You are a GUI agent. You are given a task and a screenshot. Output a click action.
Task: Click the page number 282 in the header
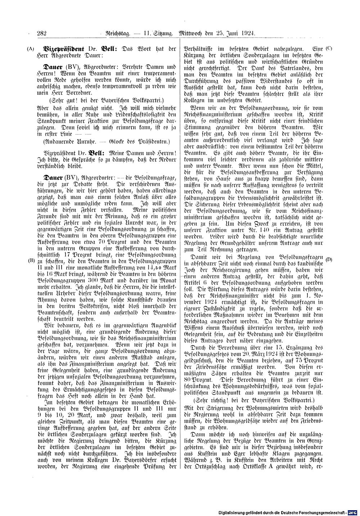(42, 33)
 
